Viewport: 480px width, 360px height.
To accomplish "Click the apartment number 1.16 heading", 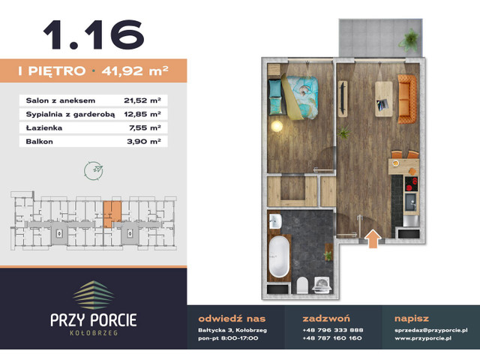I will point(93,33).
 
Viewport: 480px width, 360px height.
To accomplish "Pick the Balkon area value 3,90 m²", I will point(144,140).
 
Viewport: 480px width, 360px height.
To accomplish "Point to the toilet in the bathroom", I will point(301,285).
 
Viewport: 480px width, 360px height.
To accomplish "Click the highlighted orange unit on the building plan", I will point(111,212).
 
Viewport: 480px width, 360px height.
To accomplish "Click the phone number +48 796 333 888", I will point(332,330).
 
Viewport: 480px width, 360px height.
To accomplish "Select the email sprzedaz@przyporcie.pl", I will point(430,330).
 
